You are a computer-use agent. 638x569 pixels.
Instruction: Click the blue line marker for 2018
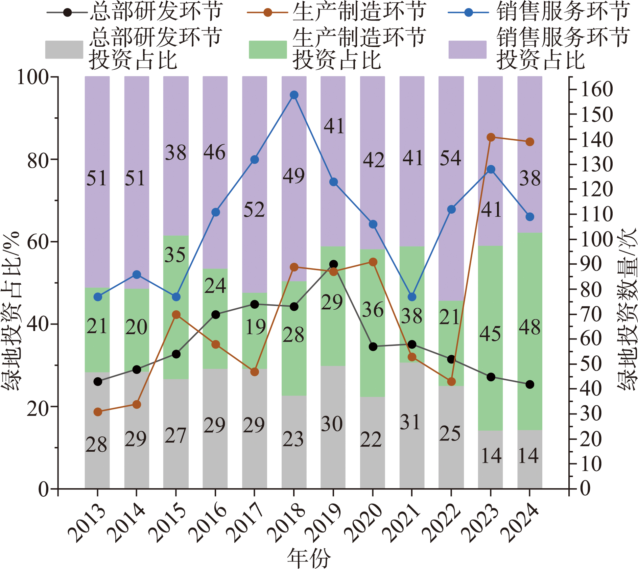point(294,95)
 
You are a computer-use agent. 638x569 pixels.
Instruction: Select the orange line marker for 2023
point(491,137)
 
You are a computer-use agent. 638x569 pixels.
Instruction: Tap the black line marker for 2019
point(333,264)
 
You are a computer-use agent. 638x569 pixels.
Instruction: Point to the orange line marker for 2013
point(98,412)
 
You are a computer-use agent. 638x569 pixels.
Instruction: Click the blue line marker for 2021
point(412,297)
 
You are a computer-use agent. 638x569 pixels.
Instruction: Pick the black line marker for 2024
point(530,384)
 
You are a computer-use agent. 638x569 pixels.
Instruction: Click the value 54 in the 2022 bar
point(450,158)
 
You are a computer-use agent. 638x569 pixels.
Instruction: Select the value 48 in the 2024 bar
point(530,327)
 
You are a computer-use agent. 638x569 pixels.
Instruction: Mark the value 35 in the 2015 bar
point(175,255)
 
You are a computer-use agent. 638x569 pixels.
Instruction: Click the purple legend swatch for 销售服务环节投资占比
point(467,50)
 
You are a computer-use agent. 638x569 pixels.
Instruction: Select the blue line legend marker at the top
point(469,13)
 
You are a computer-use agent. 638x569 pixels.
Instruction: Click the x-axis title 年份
point(309,559)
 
